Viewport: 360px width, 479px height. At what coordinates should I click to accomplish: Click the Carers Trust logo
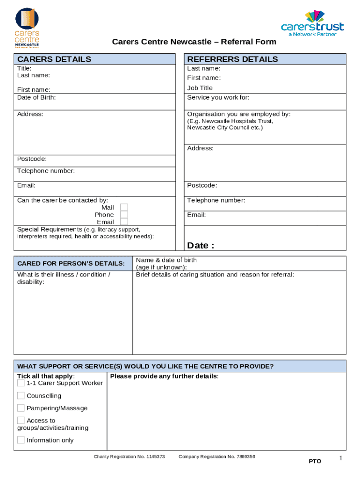[x=312, y=23]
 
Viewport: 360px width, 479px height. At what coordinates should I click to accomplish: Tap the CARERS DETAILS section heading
[x=54, y=59]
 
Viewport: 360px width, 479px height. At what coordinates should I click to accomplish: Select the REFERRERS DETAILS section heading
[x=232, y=59]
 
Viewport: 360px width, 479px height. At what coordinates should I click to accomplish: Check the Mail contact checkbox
[x=124, y=207]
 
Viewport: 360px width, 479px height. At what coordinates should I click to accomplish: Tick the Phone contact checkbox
[x=124, y=215]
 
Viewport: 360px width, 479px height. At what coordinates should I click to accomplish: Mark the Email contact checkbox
[x=124, y=222]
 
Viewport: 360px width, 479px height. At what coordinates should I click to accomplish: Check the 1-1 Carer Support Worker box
[x=21, y=383]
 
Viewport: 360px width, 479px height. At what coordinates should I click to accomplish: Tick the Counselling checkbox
[x=21, y=396]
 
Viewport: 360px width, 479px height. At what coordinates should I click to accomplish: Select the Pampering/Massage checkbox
[x=21, y=408]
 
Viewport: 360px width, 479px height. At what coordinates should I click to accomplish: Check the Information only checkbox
[x=21, y=440]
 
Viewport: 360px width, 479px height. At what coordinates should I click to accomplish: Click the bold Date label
[x=201, y=246]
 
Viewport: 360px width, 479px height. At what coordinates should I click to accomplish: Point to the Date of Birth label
[x=36, y=97]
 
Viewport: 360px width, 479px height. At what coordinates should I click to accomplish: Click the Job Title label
[x=200, y=88]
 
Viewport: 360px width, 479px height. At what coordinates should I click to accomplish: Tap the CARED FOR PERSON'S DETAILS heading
[x=71, y=263]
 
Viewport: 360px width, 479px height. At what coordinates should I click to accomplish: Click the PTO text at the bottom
[x=315, y=461]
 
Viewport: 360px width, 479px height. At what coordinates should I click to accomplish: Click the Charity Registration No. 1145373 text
[x=129, y=456]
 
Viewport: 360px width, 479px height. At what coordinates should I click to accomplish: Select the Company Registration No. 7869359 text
[x=217, y=456]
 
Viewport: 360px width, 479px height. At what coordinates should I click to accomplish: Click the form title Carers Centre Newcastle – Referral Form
[x=194, y=42]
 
